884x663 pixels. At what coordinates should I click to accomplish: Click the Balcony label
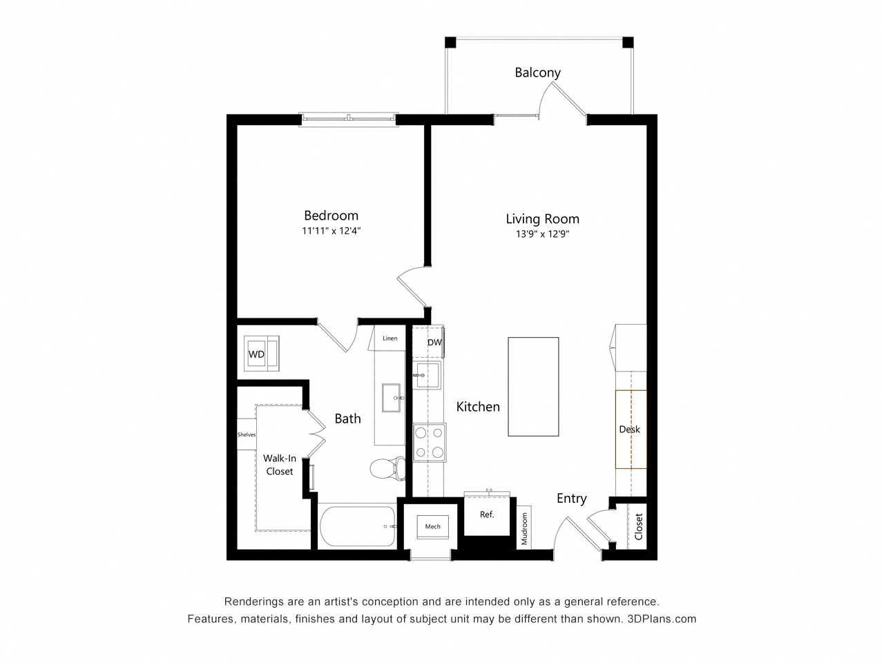coord(537,73)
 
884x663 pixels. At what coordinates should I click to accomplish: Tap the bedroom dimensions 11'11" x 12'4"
coord(331,231)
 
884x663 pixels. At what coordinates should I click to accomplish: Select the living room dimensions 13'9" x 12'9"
coord(542,234)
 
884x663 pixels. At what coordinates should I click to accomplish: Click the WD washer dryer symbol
coord(261,354)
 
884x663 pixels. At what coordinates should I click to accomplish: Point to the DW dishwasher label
coord(434,343)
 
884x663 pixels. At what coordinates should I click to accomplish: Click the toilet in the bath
coord(388,468)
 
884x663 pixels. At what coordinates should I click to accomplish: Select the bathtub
coord(358,526)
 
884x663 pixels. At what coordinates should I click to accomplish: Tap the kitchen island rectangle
coord(533,387)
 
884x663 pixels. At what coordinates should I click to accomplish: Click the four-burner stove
coord(430,443)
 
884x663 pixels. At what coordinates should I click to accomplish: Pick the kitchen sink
coord(427,375)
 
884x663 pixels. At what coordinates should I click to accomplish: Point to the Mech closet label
coord(432,526)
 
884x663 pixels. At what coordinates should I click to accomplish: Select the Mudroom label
coord(524,528)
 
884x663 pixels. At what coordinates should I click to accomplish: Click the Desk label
coord(629,430)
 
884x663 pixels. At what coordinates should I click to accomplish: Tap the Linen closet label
coord(390,338)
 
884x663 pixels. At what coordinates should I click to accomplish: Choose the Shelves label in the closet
coord(247,434)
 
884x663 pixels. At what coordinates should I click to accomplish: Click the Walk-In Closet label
coord(280,465)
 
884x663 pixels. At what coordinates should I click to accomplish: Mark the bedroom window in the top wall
coord(349,119)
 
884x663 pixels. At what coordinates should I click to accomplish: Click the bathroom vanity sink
coord(391,398)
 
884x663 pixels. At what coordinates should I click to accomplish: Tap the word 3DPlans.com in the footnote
coord(662,619)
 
